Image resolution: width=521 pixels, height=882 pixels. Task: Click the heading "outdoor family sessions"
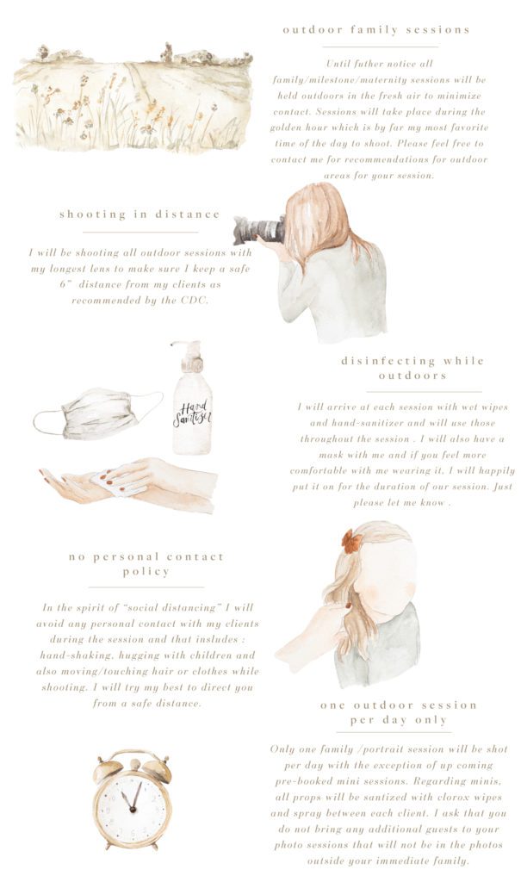[x=375, y=30]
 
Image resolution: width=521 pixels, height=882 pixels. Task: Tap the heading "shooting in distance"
[x=140, y=214]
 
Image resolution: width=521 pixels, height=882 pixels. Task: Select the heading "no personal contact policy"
[x=146, y=564]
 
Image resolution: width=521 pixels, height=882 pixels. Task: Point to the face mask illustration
[x=98, y=413]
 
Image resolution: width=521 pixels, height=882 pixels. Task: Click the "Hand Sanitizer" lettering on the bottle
[x=192, y=414]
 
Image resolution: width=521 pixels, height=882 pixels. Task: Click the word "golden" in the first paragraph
[x=287, y=127]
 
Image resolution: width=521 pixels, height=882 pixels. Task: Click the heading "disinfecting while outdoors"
[x=412, y=368]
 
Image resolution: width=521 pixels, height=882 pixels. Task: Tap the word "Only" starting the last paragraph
[x=282, y=749]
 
